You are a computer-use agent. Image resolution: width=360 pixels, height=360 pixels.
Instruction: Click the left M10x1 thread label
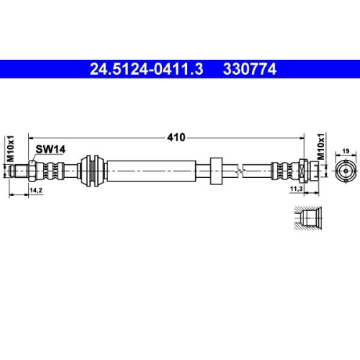click(11, 146)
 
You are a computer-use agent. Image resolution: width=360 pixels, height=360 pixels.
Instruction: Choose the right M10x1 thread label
click(322, 147)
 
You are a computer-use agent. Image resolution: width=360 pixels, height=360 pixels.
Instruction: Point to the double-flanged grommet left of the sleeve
click(91, 171)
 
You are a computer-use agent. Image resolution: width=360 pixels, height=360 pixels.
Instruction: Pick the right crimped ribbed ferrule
click(282, 171)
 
